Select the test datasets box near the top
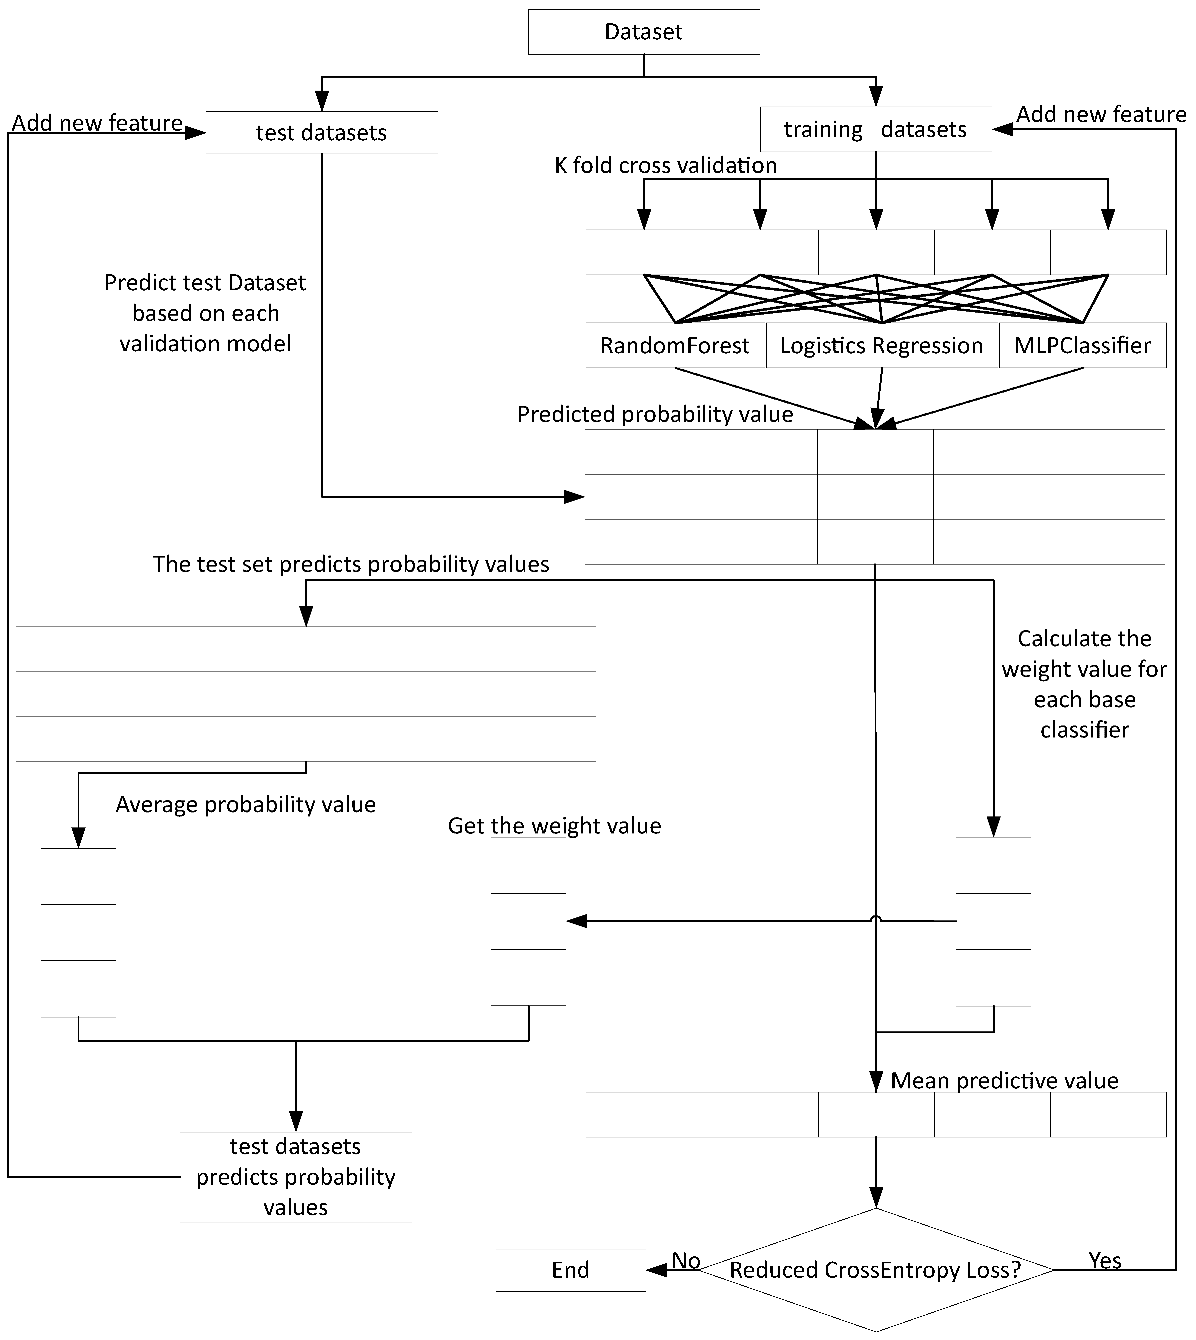coord(321,133)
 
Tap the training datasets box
coord(875,129)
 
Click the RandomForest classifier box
coord(675,346)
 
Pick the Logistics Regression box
coord(881,346)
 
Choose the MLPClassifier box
coord(1082,346)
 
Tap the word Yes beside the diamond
coord(1105,1260)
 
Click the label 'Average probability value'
coord(246,805)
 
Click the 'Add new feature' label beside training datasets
coord(1101,114)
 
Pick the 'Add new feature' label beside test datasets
coord(97,123)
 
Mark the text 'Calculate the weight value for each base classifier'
coord(1084,684)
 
